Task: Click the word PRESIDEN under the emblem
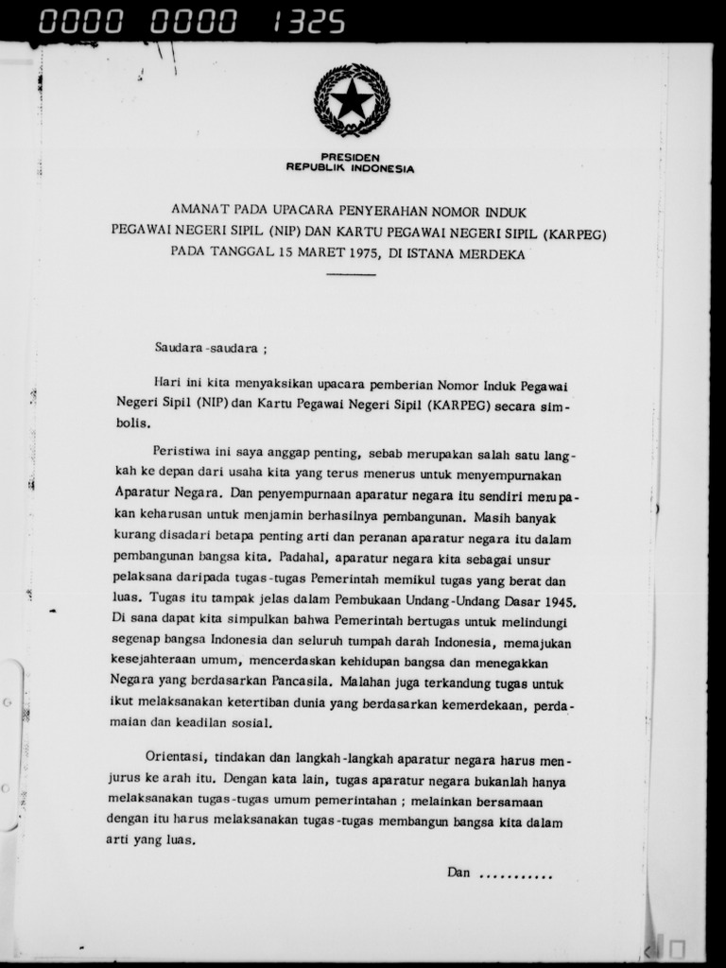pos(350,157)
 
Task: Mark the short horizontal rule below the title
pos(351,274)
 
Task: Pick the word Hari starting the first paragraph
pos(166,386)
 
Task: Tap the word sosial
pos(251,723)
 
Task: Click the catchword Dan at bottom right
pos(458,873)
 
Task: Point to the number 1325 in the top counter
pos(308,22)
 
